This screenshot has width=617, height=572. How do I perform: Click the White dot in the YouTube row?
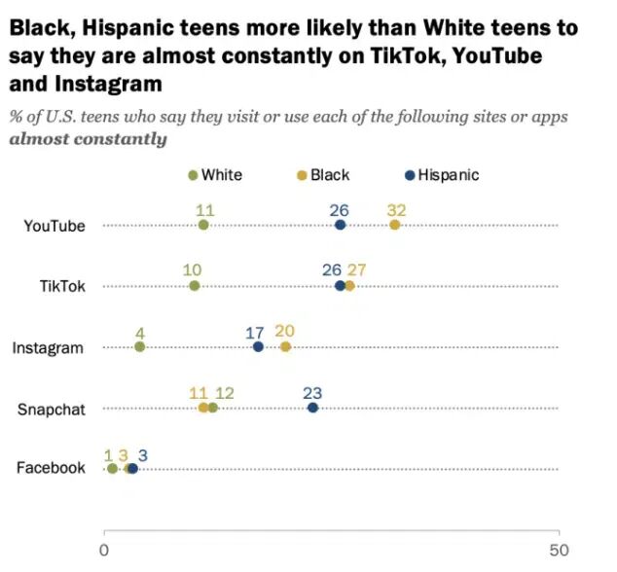203,226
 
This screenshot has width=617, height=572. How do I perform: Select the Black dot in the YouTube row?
394,226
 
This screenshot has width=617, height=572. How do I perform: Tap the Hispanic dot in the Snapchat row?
312,408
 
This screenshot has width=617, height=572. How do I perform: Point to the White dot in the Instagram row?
139,347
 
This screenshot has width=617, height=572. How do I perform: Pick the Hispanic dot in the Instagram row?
258,347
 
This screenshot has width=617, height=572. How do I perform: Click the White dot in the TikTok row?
195,286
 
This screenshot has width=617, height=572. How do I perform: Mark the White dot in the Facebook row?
112,469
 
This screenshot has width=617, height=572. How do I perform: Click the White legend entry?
215,175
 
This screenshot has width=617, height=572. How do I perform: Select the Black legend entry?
322,175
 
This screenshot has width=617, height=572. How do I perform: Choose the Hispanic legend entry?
442,175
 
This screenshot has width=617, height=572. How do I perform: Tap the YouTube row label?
54,226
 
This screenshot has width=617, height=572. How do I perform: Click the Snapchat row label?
52,409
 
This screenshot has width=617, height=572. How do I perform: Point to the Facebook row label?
52,468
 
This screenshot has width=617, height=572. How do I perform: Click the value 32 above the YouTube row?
396,208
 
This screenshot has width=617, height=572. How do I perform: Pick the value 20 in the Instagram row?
285,331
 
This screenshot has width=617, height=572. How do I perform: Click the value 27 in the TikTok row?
356,269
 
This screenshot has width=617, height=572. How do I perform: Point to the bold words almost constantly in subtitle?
88,139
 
